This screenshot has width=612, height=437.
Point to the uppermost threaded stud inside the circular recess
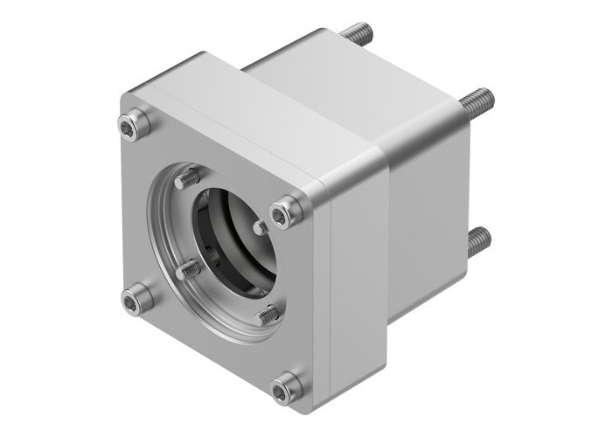pos(186,181)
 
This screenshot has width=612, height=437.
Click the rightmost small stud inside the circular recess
pos(260,227)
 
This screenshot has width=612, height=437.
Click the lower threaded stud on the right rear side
pos(479,240)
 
